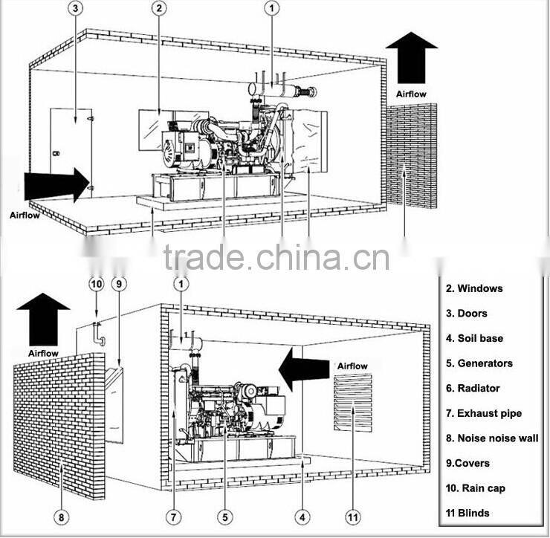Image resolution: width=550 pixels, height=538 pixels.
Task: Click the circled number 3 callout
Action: coord(77,10)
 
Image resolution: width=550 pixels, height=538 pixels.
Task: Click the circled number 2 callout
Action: coord(159,10)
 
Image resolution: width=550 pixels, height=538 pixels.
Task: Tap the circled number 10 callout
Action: coord(96,284)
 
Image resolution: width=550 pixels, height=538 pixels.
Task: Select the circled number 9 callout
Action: coord(120,284)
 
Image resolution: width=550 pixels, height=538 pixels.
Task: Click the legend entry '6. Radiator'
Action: coord(473,388)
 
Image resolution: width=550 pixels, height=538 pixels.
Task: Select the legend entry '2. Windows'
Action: coord(474,288)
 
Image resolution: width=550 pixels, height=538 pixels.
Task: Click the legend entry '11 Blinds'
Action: coord(468,513)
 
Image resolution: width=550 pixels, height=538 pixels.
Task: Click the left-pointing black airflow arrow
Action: coord(305,366)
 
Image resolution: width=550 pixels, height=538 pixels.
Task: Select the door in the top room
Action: coord(71,152)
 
